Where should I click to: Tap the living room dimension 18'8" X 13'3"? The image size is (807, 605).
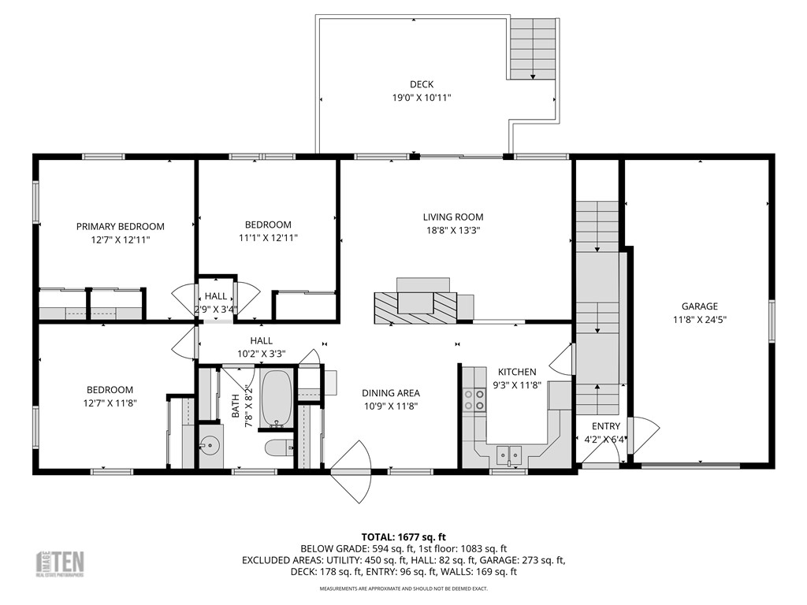[452, 231]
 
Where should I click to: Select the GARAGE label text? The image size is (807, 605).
[699, 306]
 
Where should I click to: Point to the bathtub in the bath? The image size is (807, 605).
[276, 399]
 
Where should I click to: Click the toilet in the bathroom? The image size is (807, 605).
[278, 448]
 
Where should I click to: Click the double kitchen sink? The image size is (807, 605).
[508, 453]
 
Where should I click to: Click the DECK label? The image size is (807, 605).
[422, 84]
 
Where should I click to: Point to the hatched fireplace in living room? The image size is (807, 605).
[415, 306]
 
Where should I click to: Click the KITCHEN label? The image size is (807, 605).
[517, 372]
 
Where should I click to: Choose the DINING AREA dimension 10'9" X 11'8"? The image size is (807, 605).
[390, 406]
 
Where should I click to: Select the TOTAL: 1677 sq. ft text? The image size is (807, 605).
[403, 536]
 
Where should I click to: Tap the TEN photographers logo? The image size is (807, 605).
[61, 563]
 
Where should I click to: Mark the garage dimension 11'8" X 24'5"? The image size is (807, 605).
[699, 320]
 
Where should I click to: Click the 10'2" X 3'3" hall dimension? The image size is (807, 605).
[262, 354]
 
